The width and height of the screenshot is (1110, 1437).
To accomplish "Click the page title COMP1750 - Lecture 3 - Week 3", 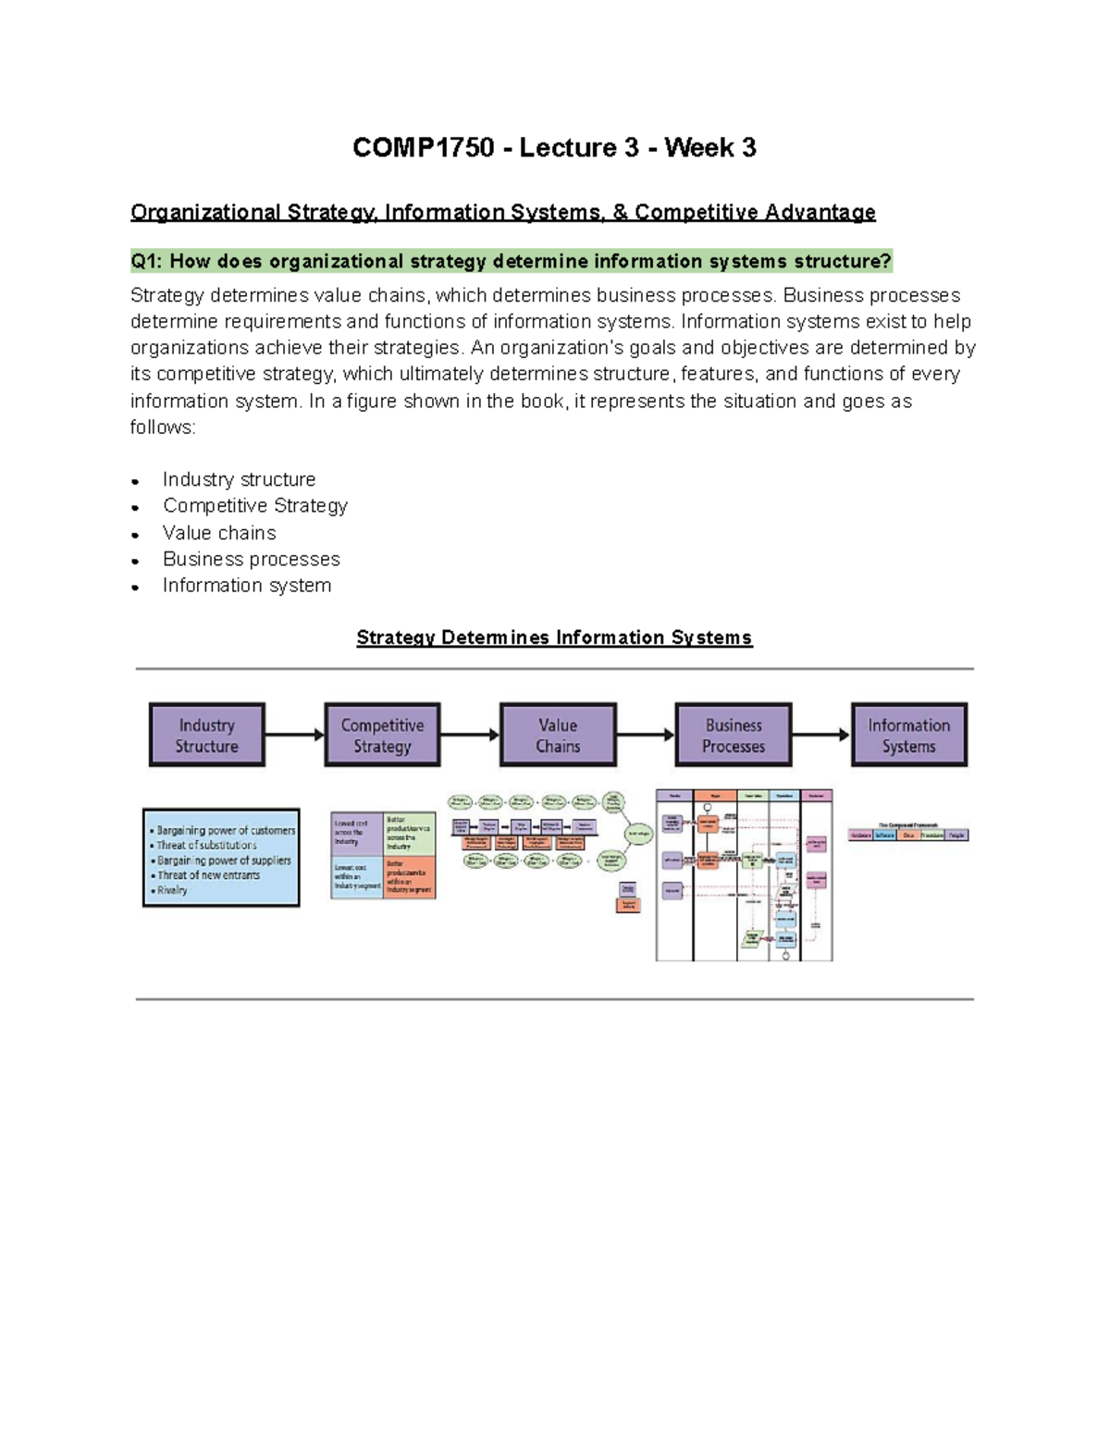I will [x=554, y=148].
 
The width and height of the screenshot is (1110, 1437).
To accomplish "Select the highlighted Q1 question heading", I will [x=511, y=262].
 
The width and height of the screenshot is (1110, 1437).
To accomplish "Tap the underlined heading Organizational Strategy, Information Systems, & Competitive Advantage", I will [x=502, y=213].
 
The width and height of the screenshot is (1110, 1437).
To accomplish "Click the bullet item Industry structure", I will [x=239, y=479].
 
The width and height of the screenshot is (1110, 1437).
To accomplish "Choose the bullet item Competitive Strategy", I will [x=255, y=505].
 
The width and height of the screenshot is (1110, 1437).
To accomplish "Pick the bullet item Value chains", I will [x=219, y=533].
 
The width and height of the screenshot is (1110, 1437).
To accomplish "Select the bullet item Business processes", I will [x=251, y=559].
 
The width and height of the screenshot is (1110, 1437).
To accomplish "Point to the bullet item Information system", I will [x=246, y=586].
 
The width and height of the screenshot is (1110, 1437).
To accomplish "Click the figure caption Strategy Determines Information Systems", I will [x=554, y=638].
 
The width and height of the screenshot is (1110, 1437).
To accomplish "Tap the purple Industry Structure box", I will [x=207, y=736].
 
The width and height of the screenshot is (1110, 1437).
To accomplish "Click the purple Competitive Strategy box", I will [x=382, y=736].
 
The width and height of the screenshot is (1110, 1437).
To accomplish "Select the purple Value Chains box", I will [x=558, y=736].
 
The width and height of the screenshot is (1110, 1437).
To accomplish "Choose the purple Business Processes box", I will [x=734, y=736].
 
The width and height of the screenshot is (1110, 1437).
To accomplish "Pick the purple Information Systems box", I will [x=908, y=736].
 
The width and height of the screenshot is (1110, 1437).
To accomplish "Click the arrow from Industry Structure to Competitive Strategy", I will [x=294, y=736].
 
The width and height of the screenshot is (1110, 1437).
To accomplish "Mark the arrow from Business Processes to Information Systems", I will [x=820, y=736].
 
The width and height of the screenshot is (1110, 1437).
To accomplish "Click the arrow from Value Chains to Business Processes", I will [x=645, y=736].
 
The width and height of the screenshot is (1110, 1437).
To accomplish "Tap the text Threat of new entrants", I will [x=208, y=875].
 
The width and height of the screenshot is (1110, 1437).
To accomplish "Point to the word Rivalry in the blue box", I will [x=172, y=890].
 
